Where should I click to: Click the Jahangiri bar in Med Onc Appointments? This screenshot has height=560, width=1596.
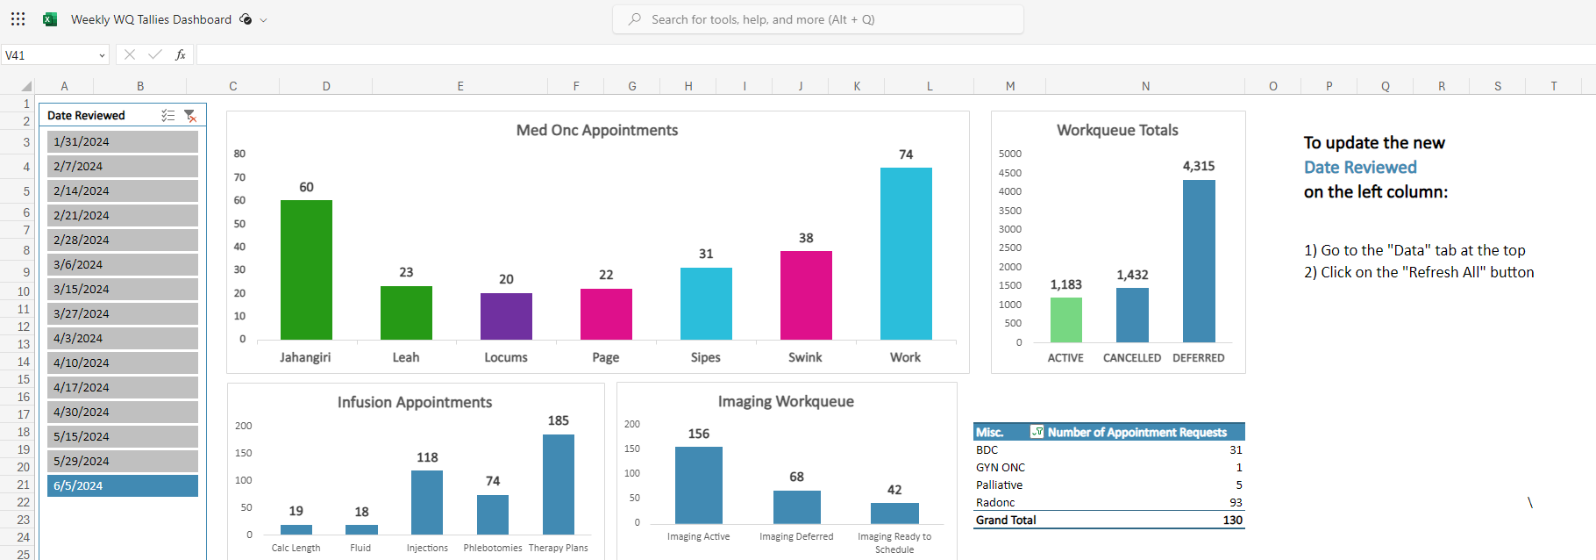(x=306, y=269)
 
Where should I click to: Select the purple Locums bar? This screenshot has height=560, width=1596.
(x=506, y=316)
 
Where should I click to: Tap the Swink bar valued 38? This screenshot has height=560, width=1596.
(x=806, y=295)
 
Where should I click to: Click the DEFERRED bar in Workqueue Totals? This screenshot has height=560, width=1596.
(x=1199, y=261)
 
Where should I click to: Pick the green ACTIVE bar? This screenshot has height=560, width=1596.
(x=1065, y=319)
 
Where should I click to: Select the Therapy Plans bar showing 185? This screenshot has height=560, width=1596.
(x=558, y=485)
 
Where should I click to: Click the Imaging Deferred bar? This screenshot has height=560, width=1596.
(x=796, y=507)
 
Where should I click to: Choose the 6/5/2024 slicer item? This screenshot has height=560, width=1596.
(x=122, y=485)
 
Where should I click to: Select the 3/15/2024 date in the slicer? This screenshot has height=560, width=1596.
(x=122, y=289)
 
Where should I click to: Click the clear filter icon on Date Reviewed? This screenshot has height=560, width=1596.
(x=190, y=116)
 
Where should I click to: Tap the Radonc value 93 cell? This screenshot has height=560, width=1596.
(x=1236, y=503)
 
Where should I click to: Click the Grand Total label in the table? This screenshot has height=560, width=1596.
(x=1006, y=521)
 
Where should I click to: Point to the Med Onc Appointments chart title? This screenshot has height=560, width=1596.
(x=596, y=130)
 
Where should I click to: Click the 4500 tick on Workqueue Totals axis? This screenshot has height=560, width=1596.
(x=1009, y=173)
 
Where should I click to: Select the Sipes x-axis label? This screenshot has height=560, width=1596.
(x=705, y=357)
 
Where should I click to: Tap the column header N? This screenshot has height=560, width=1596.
(x=1145, y=86)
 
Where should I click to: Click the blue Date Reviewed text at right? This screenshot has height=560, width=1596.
(x=1359, y=167)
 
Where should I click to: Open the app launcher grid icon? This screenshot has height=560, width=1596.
(x=18, y=18)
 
